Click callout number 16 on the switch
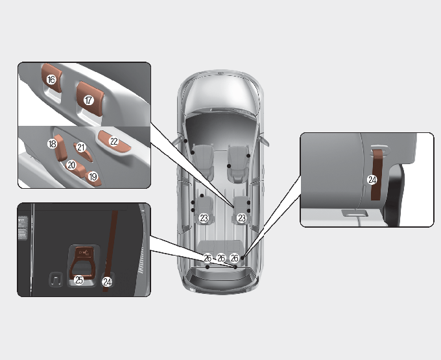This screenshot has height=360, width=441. point(51,80)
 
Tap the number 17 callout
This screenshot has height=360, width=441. point(89,100)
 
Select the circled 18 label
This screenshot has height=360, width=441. point(53,144)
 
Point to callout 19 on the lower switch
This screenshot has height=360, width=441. point(93,176)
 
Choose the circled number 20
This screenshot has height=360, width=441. point(71,165)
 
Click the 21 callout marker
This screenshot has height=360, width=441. point(81,147)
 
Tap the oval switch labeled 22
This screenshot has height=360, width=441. point(114,141)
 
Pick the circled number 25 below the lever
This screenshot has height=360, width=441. point(79,280)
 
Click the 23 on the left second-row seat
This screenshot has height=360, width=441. point(204,218)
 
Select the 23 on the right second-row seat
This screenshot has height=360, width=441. point(242,218)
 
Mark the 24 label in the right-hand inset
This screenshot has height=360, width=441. point(372,180)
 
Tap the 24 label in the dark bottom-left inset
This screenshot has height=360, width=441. point(107,282)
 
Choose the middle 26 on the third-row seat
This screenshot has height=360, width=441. point(221,258)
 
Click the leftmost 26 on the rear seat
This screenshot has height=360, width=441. point(208,258)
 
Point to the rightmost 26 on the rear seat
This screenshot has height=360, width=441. point(235,258)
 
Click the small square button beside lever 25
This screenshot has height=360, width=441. point(56,280)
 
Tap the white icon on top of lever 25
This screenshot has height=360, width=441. point(84,252)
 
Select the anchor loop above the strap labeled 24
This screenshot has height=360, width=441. point(379,149)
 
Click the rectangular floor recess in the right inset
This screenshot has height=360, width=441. point(355,213)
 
